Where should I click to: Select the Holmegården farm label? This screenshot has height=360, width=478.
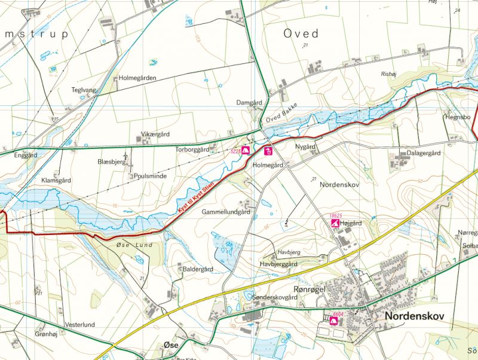[x=137, y=78]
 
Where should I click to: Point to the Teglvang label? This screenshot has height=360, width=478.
[x=83, y=90]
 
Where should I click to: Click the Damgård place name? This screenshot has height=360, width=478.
[x=249, y=102]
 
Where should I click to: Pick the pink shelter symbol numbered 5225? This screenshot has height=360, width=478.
[x=245, y=151]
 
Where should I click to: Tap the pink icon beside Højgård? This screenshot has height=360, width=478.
[x=335, y=223]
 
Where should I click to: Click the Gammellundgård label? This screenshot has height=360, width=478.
[x=226, y=212]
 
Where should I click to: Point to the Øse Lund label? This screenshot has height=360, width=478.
[x=134, y=245]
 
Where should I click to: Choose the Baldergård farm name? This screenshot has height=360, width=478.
[x=198, y=269]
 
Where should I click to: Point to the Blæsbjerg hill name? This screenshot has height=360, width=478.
[x=111, y=162]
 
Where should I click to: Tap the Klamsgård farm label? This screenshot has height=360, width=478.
[x=56, y=180]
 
